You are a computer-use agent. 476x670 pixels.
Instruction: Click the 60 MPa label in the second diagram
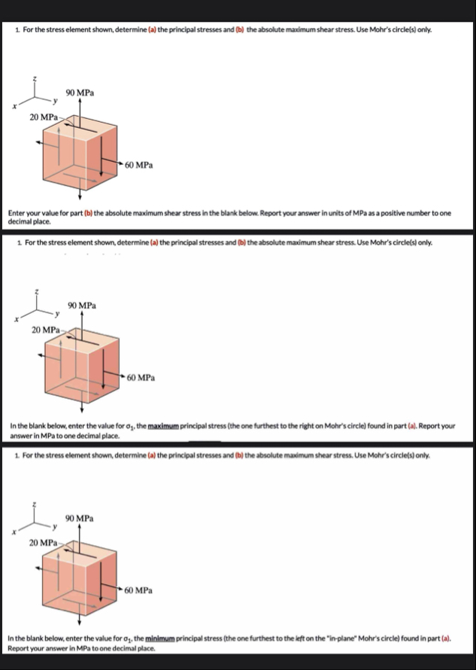141,376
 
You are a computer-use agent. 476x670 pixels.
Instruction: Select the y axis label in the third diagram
54,525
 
